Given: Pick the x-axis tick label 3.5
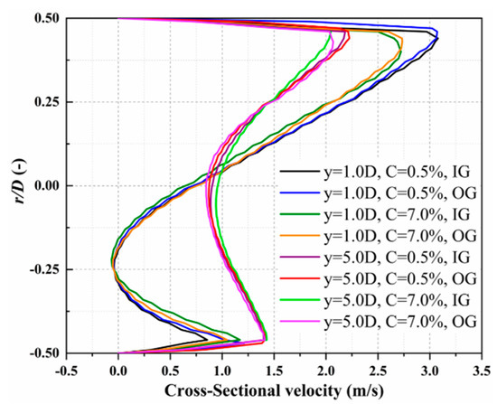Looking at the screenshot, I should [481, 367].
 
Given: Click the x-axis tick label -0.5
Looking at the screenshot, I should [65, 367].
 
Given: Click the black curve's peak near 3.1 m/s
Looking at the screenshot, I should [437, 38].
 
